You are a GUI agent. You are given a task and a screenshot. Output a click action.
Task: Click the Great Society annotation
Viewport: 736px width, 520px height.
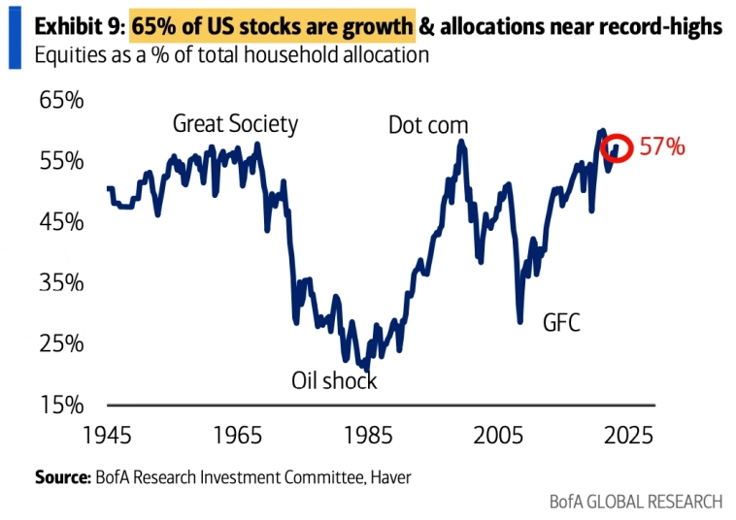(x=235, y=124)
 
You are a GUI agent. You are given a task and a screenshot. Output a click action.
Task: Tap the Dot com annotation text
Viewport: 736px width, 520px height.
(x=428, y=125)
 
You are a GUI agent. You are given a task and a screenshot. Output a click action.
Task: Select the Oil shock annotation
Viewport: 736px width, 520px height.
(x=334, y=380)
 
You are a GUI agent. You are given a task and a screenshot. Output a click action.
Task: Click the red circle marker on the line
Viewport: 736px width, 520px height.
(x=617, y=148)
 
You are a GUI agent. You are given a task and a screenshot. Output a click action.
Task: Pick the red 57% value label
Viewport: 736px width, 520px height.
(x=662, y=147)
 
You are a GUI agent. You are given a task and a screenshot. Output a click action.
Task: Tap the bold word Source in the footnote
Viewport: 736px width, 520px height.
(x=62, y=476)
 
